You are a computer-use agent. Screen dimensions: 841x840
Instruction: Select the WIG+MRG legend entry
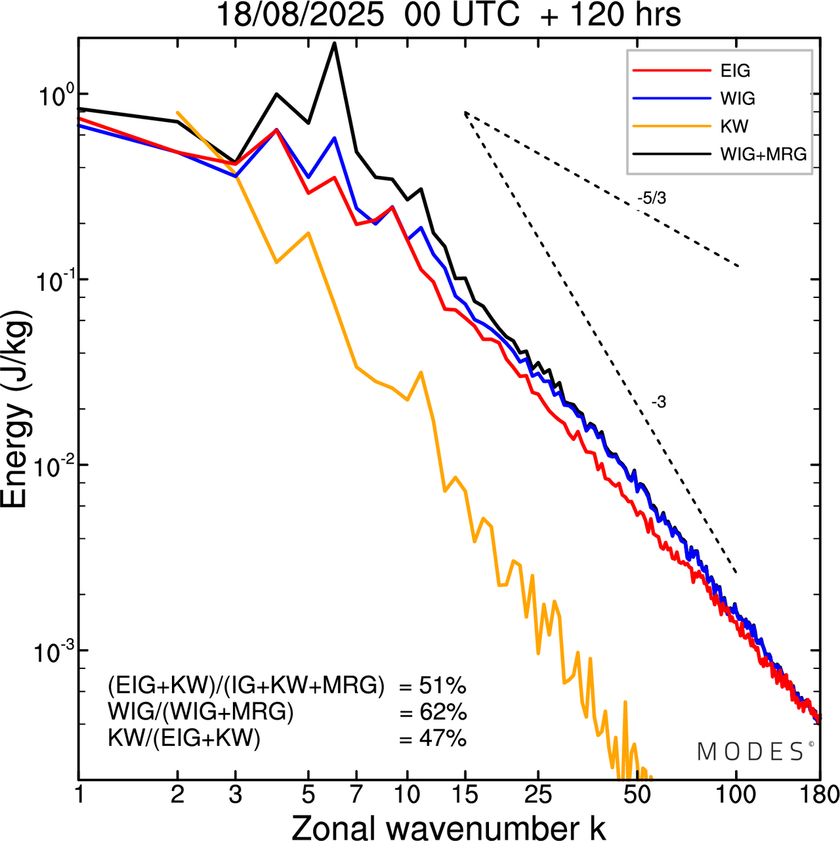pos(763,154)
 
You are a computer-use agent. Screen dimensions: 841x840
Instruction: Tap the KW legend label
pos(734,126)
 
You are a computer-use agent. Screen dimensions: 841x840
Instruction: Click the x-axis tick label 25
pos(538,794)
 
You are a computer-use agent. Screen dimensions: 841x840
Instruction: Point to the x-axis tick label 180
pos(820,794)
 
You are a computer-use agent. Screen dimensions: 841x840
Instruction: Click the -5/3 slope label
pos(651,198)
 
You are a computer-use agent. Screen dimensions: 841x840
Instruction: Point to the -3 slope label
pos(658,402)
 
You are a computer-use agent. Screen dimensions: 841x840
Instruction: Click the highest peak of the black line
pos(335,43)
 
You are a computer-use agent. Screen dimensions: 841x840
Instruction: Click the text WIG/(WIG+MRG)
pos(201,712)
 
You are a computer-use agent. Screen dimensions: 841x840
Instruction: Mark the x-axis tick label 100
pos(736,794)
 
